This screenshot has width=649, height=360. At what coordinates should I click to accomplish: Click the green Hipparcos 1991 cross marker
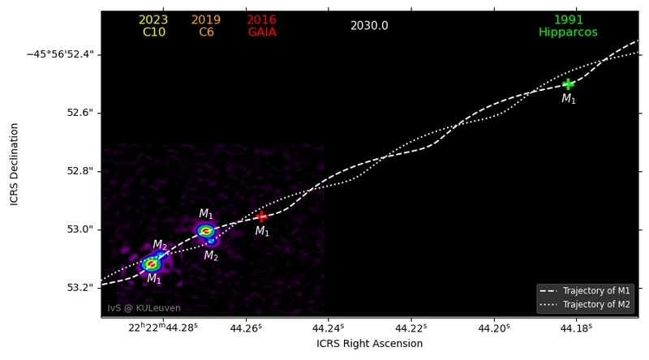(568, 84)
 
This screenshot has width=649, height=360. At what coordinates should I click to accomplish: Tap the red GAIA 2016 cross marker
(261, 216)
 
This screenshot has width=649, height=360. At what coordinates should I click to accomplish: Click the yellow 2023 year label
(153, 20)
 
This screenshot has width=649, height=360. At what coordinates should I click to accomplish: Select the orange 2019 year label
(206, 20)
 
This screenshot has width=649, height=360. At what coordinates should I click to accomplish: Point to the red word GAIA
(261, 32)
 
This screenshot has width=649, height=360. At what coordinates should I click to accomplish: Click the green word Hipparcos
(568, 32)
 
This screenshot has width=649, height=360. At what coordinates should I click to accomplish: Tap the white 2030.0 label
(369, 26)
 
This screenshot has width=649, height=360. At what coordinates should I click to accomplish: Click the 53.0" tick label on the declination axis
(80, 229)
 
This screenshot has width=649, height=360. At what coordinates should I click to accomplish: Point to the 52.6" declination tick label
(80, 113)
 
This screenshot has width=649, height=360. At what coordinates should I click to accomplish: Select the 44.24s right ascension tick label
(328, 328)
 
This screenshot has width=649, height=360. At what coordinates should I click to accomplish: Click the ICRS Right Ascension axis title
(369, 344)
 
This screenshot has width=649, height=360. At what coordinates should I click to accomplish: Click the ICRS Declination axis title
(15, 164)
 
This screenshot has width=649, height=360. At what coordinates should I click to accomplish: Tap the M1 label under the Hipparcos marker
(569, 99)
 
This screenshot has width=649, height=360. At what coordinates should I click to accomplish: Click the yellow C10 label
(153, 32)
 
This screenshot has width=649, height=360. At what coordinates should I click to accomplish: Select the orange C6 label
(206, 32)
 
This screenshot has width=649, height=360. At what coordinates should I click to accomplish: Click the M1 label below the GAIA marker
(262, 232)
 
